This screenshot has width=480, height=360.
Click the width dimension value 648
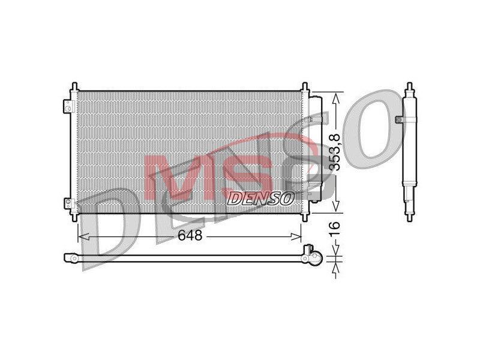(190, 235)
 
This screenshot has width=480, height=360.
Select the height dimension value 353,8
(336, 153)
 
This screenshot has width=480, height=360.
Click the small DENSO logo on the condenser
(261, 199)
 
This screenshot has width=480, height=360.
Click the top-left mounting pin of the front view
(74, 86)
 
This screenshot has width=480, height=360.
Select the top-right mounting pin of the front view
(305, 86)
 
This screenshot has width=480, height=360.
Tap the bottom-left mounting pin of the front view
(74, 217)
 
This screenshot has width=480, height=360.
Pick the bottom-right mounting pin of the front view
(305, 217)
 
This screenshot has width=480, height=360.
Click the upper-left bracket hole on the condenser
(68, 108)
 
